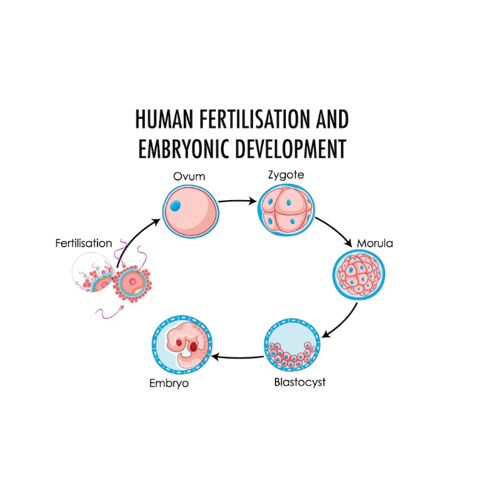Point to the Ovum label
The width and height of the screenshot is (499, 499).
[x=189, y=176]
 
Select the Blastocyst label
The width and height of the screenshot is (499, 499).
[x=300, y=381]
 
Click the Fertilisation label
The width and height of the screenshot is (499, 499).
[x=84, y=243]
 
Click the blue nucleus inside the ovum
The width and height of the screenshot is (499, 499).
[x=177, y=205]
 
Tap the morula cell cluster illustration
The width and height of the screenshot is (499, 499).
[x=359, y=275]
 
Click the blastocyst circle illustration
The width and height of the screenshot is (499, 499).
[x=291, y=347]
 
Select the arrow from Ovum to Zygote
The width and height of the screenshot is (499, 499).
[x=238, y=202]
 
